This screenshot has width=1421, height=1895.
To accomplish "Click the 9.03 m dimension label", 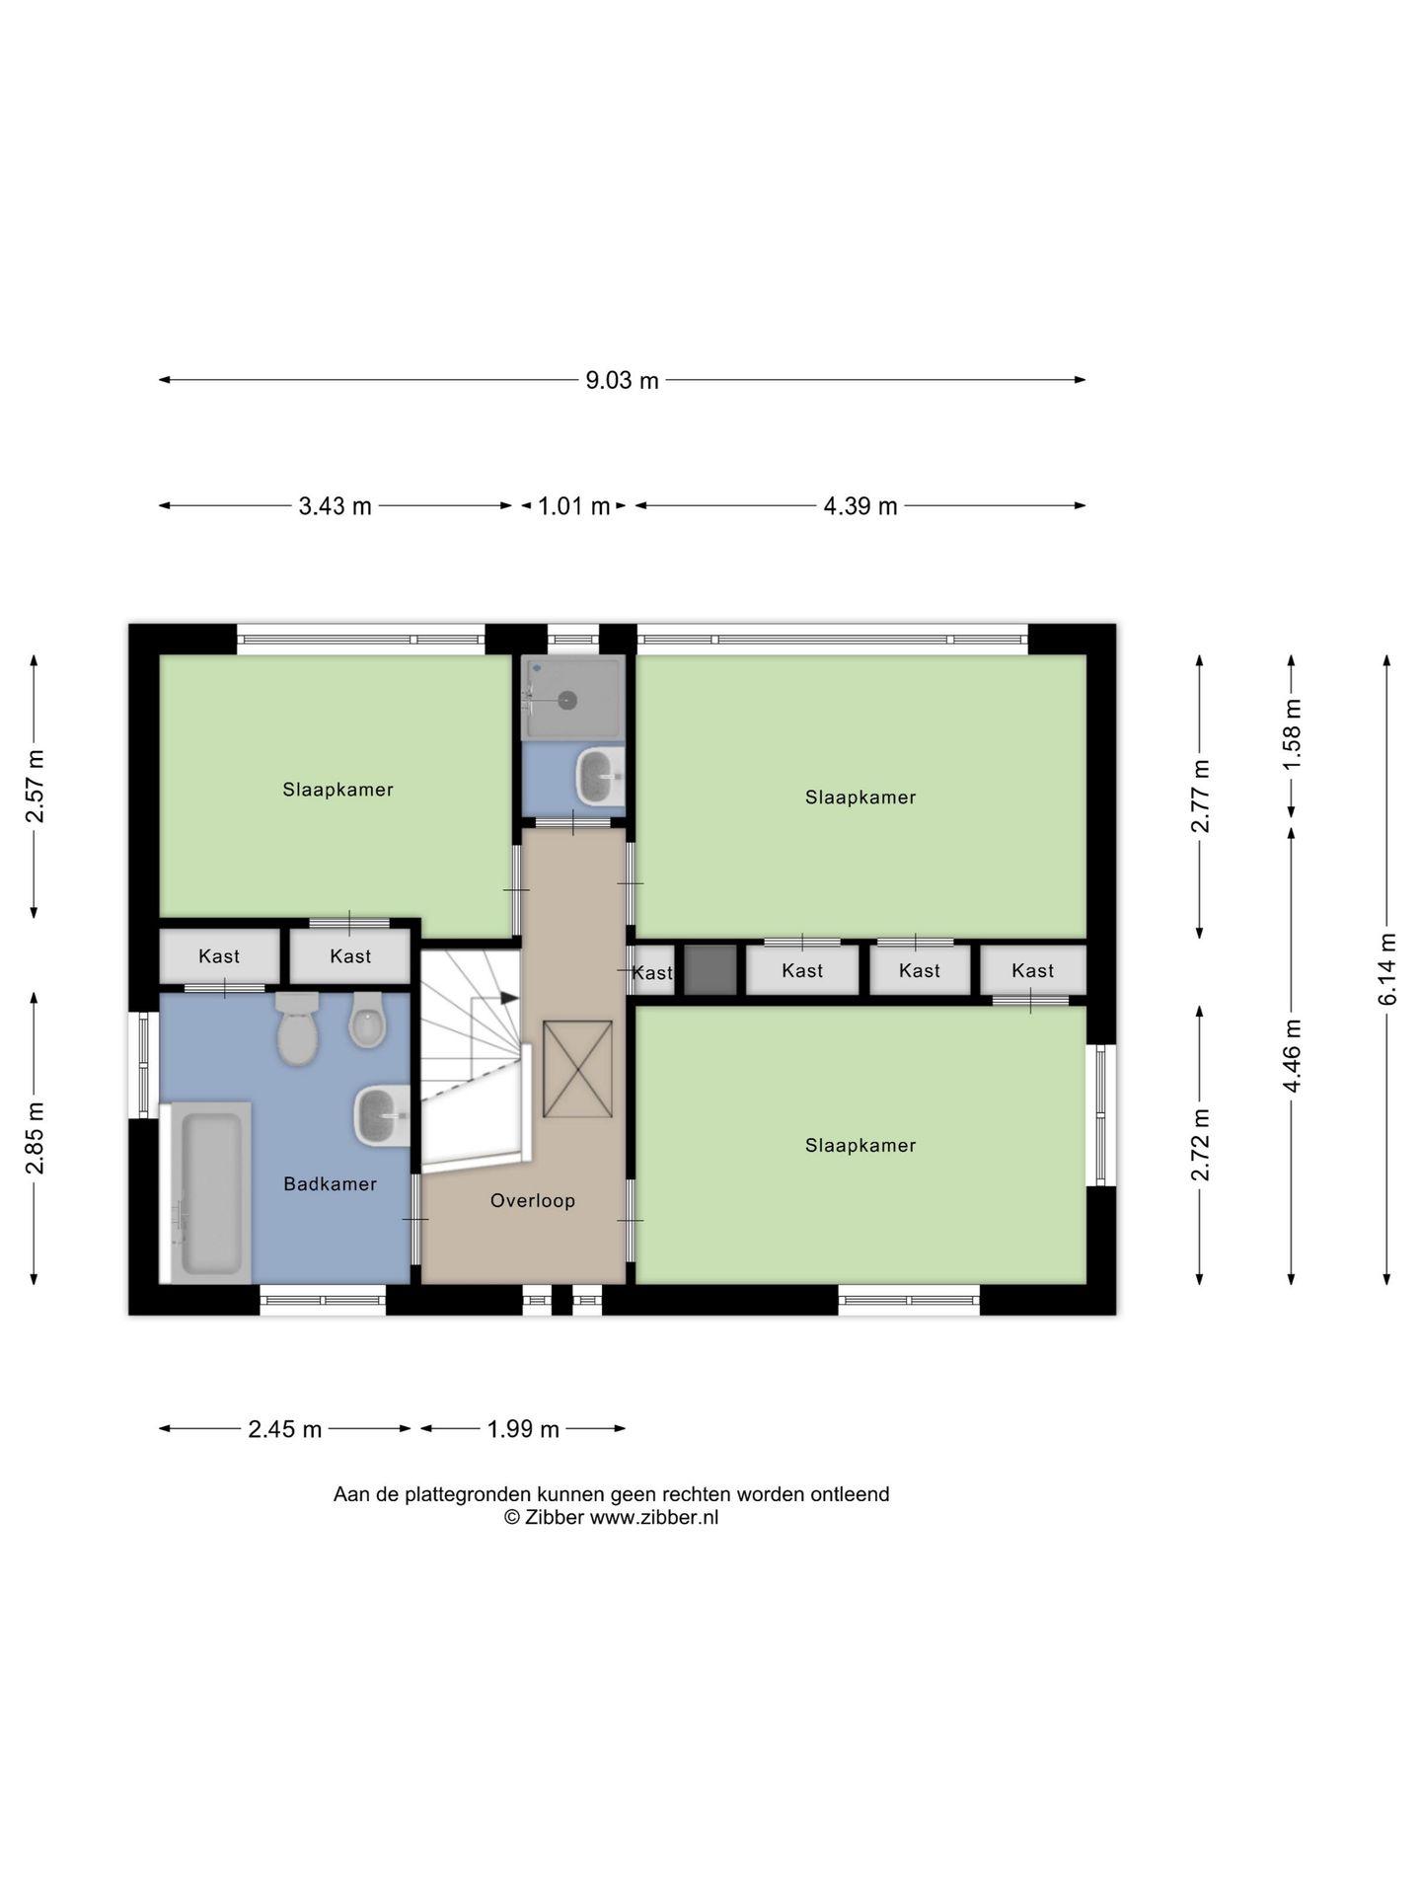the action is click(622, 380).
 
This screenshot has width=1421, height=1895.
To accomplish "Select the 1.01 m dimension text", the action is click(573, 506).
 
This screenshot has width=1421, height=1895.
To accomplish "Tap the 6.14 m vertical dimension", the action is click(1387, 968).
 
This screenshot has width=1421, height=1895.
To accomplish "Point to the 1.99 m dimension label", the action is click(523, 1429).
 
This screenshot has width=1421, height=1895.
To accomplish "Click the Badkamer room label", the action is click(330, 1183).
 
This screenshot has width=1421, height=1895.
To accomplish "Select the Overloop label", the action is click(533, 1200).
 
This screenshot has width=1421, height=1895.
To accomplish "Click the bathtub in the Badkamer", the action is click(206, 1192).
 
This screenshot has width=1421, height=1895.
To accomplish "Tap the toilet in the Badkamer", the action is click(297, 1028).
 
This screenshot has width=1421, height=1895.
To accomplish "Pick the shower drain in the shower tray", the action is click(567, 700).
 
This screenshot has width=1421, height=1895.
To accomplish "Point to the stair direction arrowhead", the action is click(509, 998).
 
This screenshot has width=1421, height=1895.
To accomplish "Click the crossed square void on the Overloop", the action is click(577, 1069).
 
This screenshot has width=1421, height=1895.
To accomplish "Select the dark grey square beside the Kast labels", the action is click(710, 970).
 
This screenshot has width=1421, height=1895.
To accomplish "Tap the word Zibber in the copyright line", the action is click(554, 1518).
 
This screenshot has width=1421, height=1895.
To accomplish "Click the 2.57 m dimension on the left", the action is click(36, 787).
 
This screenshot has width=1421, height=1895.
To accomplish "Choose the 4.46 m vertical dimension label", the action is click(1292, 1056).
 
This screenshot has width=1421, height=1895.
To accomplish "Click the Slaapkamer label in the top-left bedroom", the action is click(337, 790).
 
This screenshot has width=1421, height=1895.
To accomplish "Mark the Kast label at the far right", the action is click(1032, 970).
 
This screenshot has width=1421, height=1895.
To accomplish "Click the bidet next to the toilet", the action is click(367, 1020).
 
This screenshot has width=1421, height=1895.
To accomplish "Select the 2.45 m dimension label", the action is click(285, 1429).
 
